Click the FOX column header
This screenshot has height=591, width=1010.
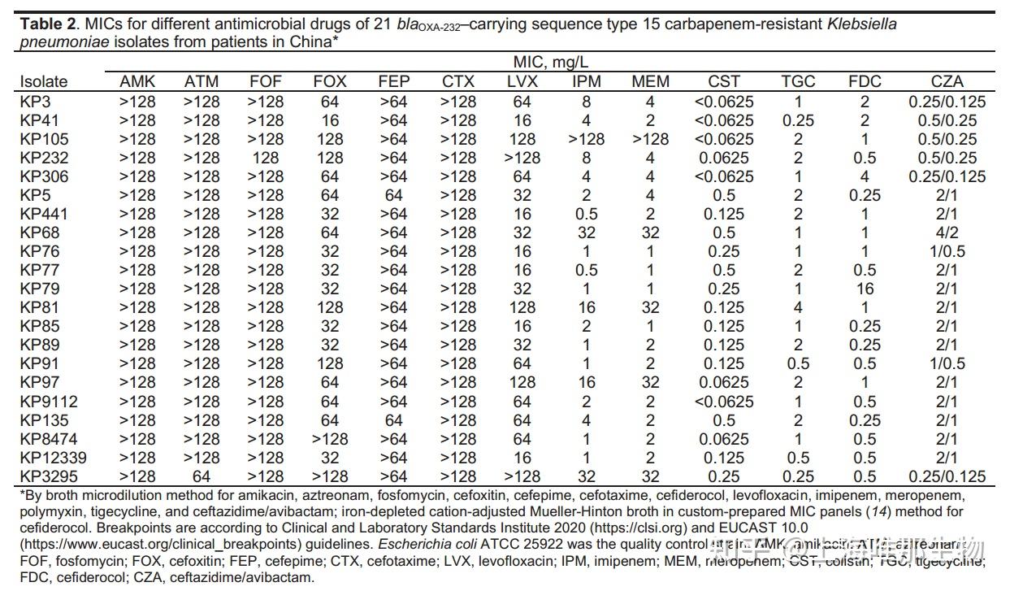pos(329,81)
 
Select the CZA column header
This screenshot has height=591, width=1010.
pos(947,81)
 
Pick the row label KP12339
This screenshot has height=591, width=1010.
pos(53,458)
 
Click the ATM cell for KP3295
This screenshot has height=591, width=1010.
pos(202,476)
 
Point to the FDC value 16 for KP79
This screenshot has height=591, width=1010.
pos(865,289)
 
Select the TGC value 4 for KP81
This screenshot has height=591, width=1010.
pos(798,307)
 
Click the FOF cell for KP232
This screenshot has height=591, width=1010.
pos(266,158)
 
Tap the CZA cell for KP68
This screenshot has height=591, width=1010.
pos(947,232)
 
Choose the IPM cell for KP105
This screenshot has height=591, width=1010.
pos(586,139)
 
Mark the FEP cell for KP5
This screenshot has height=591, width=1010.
pos(394,195)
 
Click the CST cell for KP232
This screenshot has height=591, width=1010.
pos(724,158)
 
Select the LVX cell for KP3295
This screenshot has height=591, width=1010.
pos(522,476)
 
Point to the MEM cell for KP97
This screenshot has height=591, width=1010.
pos(651,382)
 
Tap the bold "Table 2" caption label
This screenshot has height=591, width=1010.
pos(47,24)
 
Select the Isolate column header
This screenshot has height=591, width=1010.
pos(44,81)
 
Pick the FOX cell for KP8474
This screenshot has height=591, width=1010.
pos(329,439)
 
